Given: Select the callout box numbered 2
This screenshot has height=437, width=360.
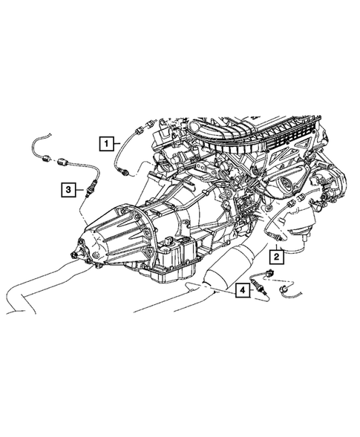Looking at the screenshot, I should point(275,257).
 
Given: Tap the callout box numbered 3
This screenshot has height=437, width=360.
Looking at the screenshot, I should point(68,191).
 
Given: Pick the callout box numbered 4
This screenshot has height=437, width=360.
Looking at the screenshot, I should point(242,290).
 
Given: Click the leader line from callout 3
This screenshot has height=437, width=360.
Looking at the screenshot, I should point(79,192).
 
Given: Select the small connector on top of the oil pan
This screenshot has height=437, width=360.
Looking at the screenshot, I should point(171,242).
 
